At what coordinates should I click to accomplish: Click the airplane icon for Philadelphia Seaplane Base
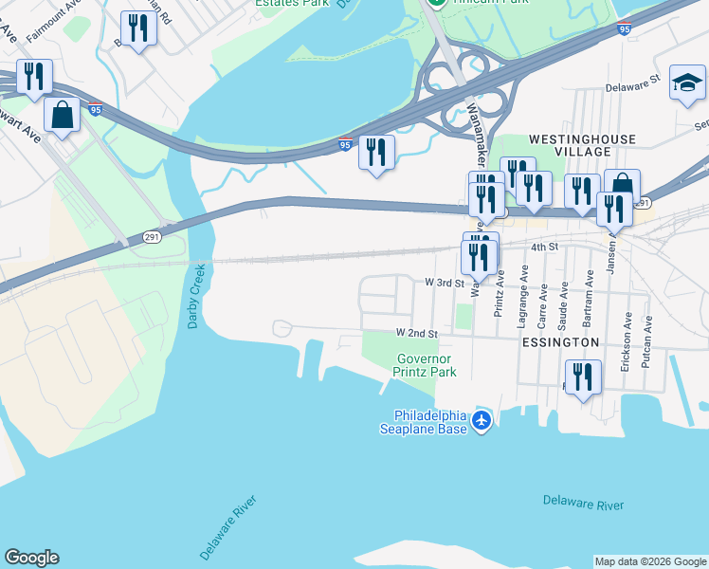[x=482, y=419]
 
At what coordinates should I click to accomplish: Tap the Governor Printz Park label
[x=426, y=365]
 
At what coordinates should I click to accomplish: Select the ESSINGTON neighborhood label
[x=559, y=341]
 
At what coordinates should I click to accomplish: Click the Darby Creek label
[x=194, y=297]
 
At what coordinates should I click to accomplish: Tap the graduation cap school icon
[x=686, y=83]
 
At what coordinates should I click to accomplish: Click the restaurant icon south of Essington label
[x=583, y=377]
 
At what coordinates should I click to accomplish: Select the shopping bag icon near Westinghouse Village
[x=623, y=186]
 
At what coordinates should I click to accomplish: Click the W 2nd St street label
[x=417, y=334]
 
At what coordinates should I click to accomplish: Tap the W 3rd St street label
[x=444, y=283]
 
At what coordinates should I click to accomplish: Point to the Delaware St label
[x=632, y=85]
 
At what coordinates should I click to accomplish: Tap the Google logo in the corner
[x=31, y=558]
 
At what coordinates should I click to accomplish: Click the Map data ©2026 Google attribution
[x=650, y=561]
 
